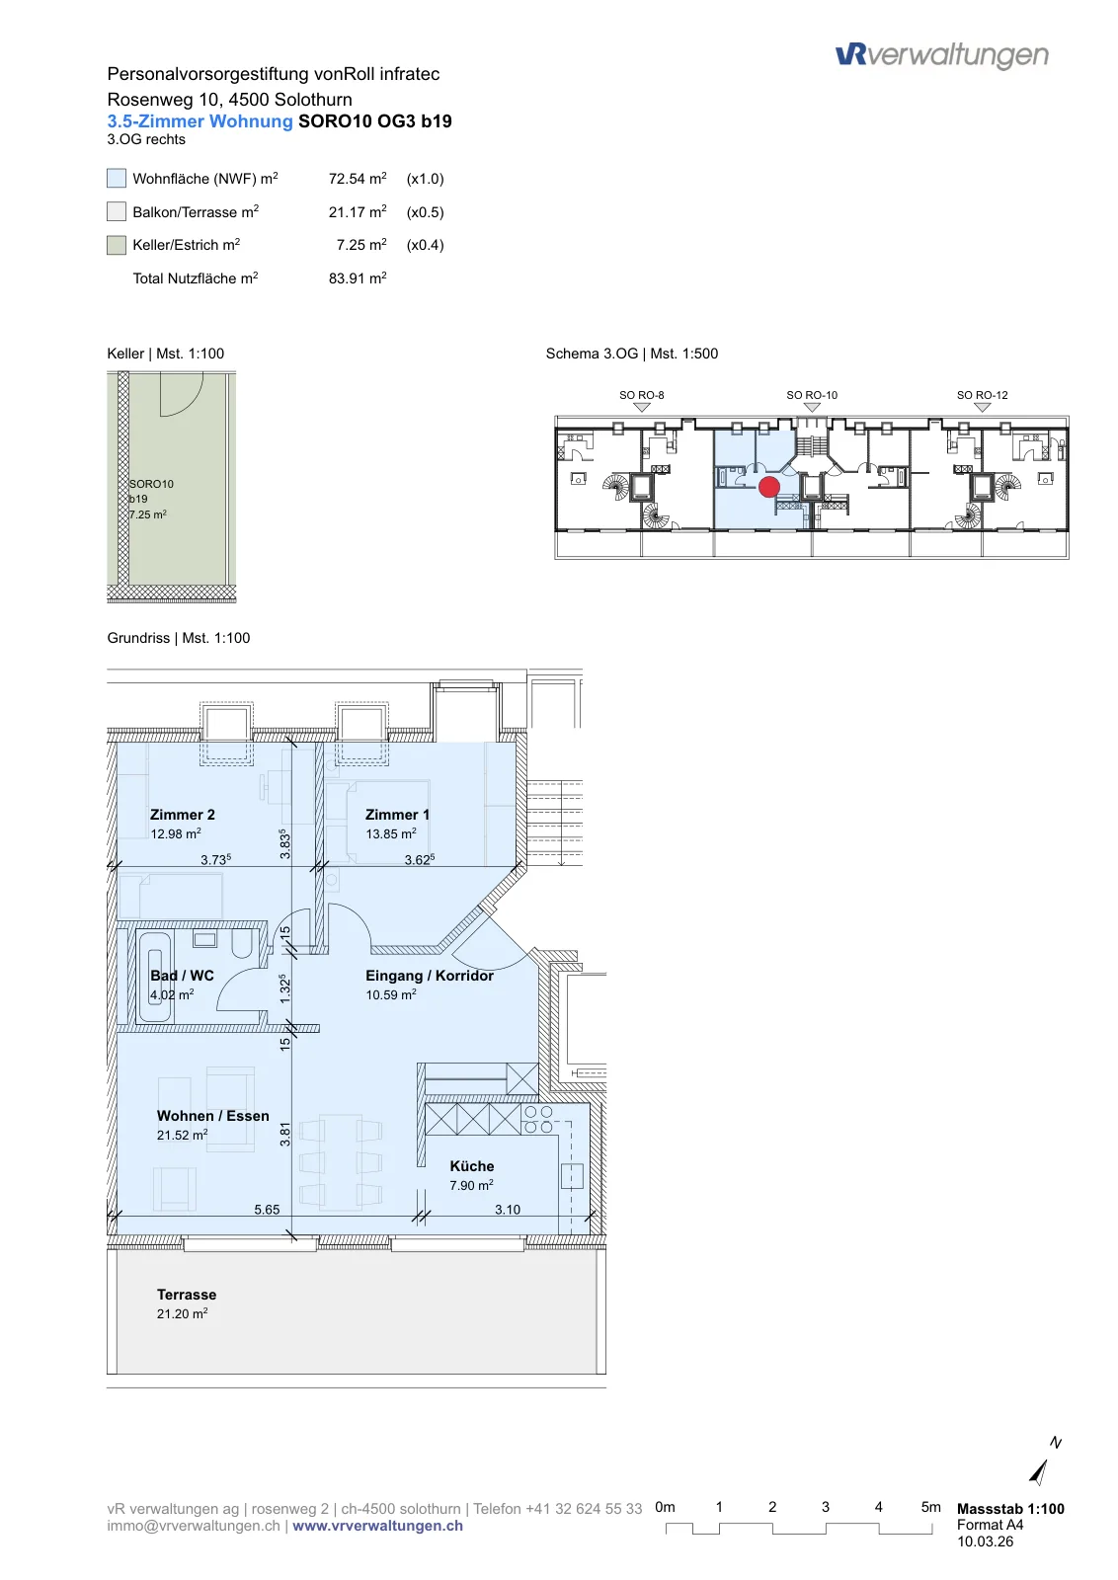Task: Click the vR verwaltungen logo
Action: point(941,55)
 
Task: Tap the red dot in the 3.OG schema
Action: point(768,487)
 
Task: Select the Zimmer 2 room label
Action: point(182,814)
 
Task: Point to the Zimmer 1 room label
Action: point(397,814)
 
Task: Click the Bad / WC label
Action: point(182,976)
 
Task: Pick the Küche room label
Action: point(472,1166)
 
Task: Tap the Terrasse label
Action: point(187,1295)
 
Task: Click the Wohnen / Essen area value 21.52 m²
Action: point(182,1135)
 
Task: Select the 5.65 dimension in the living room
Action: point(267,1209)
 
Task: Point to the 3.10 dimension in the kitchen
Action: point(508,1209)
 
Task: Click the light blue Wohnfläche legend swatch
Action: point(117,178)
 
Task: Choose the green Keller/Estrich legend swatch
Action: point(117,245)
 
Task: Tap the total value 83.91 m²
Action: point(358,277)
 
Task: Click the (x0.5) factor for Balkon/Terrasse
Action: point(426,211)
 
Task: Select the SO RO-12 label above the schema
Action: point(982,395)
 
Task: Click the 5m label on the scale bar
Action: point(931,1507)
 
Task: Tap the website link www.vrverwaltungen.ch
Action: point(378,1526)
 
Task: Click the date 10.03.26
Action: point(986,1541)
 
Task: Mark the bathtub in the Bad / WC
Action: point(154,977)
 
